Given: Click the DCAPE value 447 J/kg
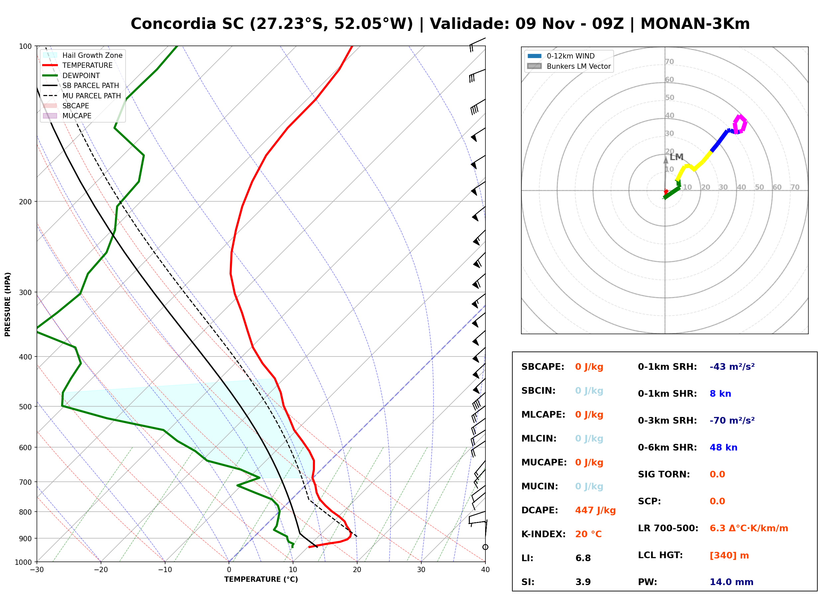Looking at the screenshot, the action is pyautogui.click(x=595, y=510).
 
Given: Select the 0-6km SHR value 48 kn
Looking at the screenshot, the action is pyautogui.click(x=723, y=448).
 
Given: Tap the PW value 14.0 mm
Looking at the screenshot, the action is pyautogui.click(x=731, y=582).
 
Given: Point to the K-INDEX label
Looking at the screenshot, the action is pyautogui.click(x=544, y=534).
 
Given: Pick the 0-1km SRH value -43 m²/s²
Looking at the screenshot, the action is pyautogui.click(x=732, y=366).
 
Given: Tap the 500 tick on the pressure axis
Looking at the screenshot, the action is pyautogui.click(x=26, y=407).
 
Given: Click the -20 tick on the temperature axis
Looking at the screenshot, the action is pyautogui.click(x=101, y=570).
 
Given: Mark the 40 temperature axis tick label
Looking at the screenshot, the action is pyautogui.click(x=485, y=570).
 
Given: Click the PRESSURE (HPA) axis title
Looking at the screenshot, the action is pyautogui.click(x=8, y=304).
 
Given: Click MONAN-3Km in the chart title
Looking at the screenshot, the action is pyautogui.click(x=695, y=24).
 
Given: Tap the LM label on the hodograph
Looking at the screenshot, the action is pyautogui.click(x=676, y=157).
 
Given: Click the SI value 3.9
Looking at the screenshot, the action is pyautogui.click(x=583, y=582).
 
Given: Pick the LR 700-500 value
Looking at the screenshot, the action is pyautogui.click(x=749, y=528).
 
